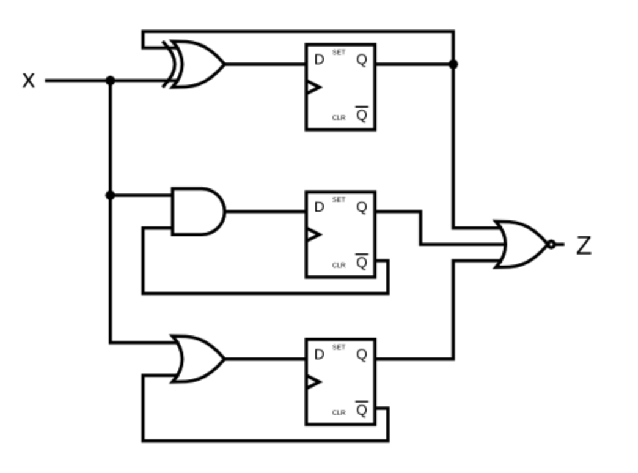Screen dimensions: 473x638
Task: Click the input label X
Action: click(x=28, y=81)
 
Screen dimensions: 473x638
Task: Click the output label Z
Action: click(x=584, y=245)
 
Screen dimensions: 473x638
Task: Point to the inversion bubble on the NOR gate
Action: click(x=551, y=245)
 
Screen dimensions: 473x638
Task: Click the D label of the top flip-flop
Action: click(x=319, y=60)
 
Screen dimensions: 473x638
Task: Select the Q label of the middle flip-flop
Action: click(x=362, y=207)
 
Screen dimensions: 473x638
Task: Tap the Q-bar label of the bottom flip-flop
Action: click(x=362, y=409)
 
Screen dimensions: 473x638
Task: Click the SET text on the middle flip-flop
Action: click(x=339, y=200)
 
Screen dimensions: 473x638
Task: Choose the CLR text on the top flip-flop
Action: click(x=339, y=117)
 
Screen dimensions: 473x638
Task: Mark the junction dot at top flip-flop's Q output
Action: click(x=453, y=64)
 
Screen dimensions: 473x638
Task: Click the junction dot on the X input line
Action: click(x=110, y=81)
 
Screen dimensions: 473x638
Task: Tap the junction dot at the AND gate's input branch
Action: click(x=110, y=195)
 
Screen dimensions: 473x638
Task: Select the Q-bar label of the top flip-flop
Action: click(x=362, y=114)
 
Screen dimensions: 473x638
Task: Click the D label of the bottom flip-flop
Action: click(x=319, y=355)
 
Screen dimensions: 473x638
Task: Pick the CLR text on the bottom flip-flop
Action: click(x=339, y=412)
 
